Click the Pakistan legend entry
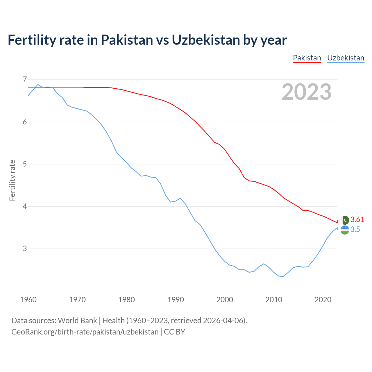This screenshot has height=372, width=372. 307,58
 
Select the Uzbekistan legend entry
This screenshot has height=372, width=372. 346,58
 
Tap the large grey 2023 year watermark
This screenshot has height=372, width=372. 307,92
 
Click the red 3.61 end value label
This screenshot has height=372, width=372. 357,219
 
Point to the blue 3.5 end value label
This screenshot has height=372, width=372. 355,230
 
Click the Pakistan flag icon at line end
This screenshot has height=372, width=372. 345,220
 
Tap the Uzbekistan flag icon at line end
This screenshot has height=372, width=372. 345,230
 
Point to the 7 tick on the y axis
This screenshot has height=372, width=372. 25,79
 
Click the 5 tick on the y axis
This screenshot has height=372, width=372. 25,164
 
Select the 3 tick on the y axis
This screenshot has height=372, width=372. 25,248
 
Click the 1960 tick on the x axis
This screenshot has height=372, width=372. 28,300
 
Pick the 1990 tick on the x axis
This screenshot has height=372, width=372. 176,300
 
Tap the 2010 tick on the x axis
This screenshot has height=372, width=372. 274,300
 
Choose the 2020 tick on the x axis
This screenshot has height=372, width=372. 323,300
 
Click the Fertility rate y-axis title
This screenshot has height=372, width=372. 12,180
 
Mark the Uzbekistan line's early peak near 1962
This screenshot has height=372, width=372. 38,85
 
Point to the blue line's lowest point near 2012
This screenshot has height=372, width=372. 283,276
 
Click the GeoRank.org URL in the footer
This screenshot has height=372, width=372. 85,332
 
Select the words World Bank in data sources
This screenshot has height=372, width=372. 77,321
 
